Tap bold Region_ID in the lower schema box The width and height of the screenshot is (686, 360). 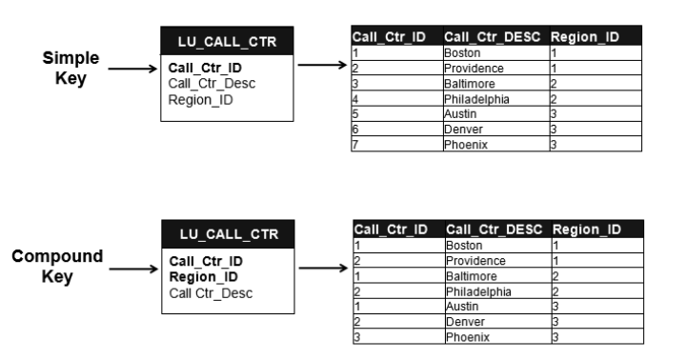tap(203, 276)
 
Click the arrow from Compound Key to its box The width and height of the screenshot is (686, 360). tap(131, 269)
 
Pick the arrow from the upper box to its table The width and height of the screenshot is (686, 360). tap(319, 67)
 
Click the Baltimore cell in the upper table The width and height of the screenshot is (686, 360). tap(471, 83)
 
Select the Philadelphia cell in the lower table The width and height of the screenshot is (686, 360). tap(478, 291)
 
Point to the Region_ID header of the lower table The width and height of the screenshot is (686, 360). tap(586, 230)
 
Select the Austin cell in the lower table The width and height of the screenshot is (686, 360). tap(462, 307)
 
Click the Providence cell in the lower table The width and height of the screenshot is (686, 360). tap(474, 261)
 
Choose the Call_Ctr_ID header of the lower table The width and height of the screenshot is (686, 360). tap(391, 230)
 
